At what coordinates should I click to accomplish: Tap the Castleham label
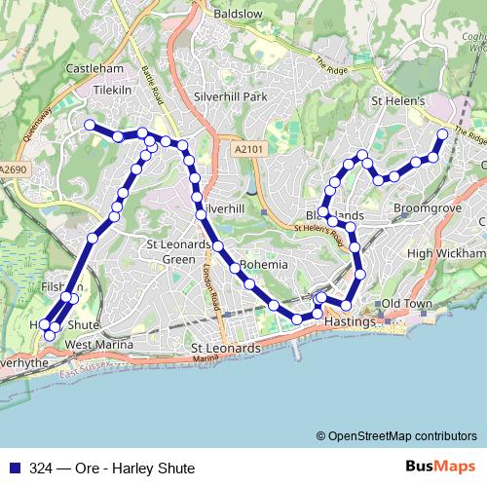94,69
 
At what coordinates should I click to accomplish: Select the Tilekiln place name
112,87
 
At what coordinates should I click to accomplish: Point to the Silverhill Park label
230,97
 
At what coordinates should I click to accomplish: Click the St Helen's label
396,101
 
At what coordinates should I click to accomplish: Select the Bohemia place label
264,264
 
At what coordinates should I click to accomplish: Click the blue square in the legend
12,468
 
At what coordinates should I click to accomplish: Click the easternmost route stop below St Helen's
442,134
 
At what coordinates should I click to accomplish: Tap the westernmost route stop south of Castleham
90,125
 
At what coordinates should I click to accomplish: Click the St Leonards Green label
177,251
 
